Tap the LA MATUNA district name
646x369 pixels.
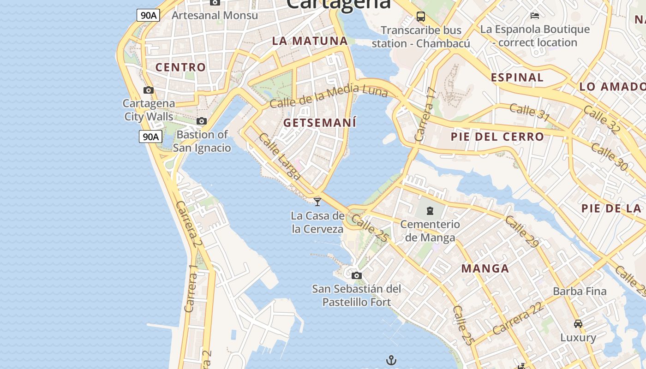click(310, 41)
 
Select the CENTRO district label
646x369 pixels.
click(180, 67)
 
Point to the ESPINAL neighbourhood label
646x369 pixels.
click(517, 77)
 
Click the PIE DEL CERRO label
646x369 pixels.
click(497, 137)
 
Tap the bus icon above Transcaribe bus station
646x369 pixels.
click(421, 17)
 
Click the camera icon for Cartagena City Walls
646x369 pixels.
click(148, 90)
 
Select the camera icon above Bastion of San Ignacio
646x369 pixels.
click(202, 121)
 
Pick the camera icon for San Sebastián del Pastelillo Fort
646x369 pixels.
click(356, 275)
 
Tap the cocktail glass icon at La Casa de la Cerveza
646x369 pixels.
click(317, 201)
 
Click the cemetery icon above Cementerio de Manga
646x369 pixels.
click(430, 211)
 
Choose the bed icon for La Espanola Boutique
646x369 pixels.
click(535, 16)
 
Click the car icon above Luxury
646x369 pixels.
click(578, 323)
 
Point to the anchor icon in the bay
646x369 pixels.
click(391, 360)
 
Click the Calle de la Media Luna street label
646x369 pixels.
click(329, 96)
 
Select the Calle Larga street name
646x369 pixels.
click(280, 156)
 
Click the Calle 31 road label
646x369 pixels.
click(530, 113)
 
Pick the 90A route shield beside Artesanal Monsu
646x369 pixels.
click(149, 15)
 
